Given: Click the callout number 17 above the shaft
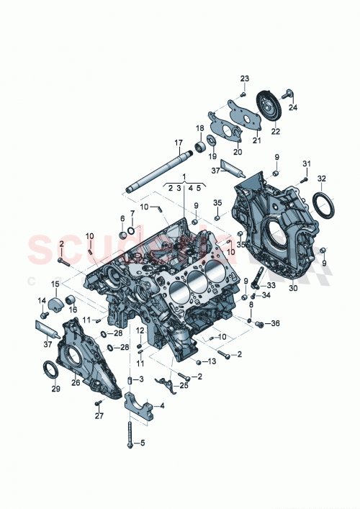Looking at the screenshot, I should tap(177, 142).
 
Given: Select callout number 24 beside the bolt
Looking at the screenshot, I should tap(293, 107).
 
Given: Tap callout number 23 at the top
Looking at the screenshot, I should tap(244, 78).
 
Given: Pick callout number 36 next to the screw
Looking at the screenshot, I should tap(275, 324).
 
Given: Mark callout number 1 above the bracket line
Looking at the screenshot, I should tap(184, 176).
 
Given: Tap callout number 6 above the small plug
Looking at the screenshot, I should tap(122, 217).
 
